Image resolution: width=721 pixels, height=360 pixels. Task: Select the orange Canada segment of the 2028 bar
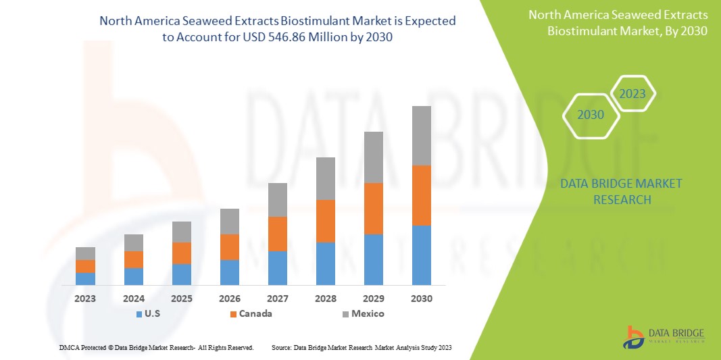(326, 221)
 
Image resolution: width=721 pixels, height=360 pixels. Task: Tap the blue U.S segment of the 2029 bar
(374, 259)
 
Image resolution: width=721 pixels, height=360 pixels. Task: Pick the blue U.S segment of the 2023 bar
(85, 278)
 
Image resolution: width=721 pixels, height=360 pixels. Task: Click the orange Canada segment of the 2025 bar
(182, 253)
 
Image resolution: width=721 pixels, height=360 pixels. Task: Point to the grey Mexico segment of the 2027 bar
(278, 200)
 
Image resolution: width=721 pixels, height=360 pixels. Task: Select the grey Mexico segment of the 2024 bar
(134, 242)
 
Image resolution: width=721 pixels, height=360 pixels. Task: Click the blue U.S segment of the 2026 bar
(230, 272)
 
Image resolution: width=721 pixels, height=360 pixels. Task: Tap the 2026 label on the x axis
(230, 298)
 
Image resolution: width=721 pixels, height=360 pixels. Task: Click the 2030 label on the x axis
(422, 298)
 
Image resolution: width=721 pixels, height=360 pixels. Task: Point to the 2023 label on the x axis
(85, 298)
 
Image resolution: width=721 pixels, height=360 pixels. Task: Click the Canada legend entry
(251, 313)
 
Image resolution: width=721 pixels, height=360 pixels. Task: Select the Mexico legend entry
(363, 313)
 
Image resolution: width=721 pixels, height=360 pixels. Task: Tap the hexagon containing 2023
(632, 94)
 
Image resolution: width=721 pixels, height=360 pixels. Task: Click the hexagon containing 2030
(591, 115)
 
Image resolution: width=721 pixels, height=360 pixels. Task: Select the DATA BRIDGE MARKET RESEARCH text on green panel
(621, 191)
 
